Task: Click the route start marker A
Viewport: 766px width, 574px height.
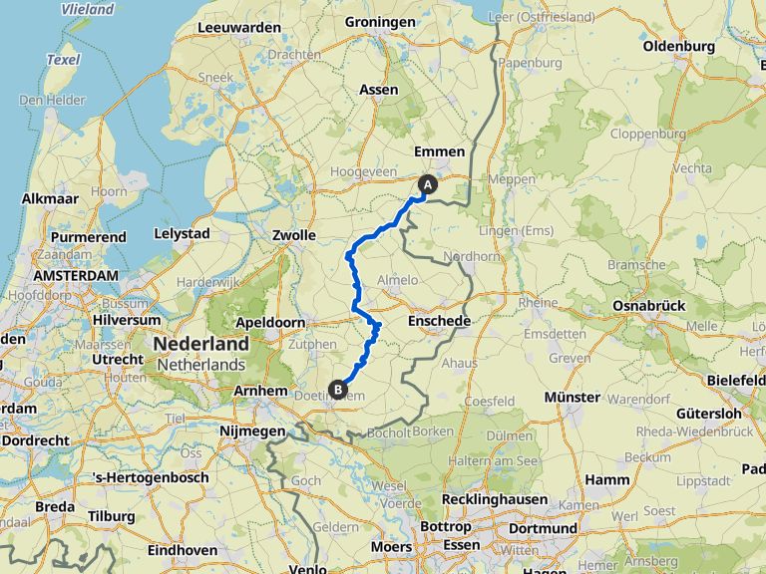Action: pyautogui.click(x=428, y=184)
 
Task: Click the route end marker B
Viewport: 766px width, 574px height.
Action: pyautogui.click(x=338, y=390)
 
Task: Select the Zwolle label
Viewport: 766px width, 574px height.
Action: pyautogui.click(x=294, y=236)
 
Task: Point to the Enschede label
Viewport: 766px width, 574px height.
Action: pyautogui.click(x=439, y=321)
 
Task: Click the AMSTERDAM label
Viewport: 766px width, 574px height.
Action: pyautogui.click(x=75, y=275)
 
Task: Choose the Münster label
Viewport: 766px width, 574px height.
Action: pyautogui.click(x=572, y=398)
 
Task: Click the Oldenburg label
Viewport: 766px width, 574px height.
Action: pyautogui.click(x=678, y=47)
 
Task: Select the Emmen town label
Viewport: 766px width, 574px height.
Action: pyautogui.click(x=439, y=151)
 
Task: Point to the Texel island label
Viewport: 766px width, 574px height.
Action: pyautogui.click(x=62, y=60)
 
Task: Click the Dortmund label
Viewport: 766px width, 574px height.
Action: pyautogui.click(x=543, y=527)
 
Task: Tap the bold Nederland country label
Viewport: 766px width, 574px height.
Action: pyautogui.click(x=200, y=344)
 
